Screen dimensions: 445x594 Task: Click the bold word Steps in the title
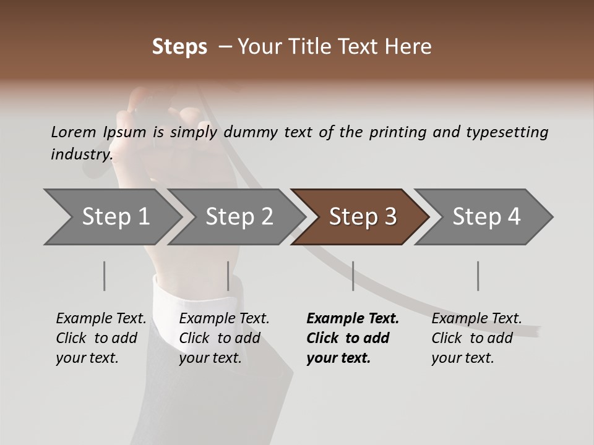tap(179, 47)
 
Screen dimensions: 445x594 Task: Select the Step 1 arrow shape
tap(111, 217)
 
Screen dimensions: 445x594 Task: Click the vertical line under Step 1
tap(105, 276)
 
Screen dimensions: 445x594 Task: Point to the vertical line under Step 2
tap(228, 276)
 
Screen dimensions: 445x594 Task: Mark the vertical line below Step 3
tap(353, 276)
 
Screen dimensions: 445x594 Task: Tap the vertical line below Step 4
tap(478, 276)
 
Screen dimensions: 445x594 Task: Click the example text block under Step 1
tap(101, 338)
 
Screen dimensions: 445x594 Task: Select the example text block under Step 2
tap(224, 338)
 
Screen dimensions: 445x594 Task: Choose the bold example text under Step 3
tap(353, 338)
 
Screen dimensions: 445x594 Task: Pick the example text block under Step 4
tap(476, 338)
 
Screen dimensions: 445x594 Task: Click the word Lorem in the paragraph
tap(74, 132)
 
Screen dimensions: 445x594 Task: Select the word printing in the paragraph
tap(398, 132)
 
